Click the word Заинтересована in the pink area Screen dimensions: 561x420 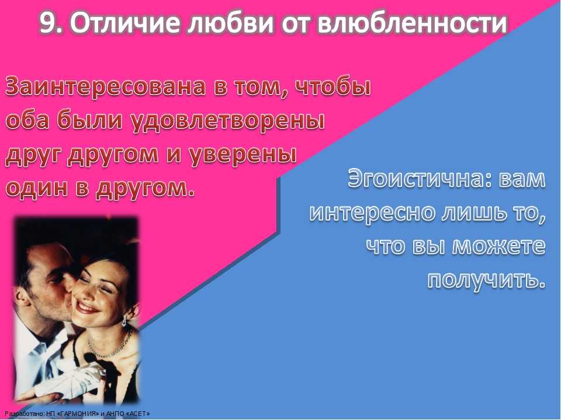(106, 87)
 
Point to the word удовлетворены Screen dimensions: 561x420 (228, 121)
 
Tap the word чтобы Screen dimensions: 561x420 (333, 87)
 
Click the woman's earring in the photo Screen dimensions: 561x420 (124, 320)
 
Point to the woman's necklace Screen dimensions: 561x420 (109, 346)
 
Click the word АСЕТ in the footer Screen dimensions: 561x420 (140, 414)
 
